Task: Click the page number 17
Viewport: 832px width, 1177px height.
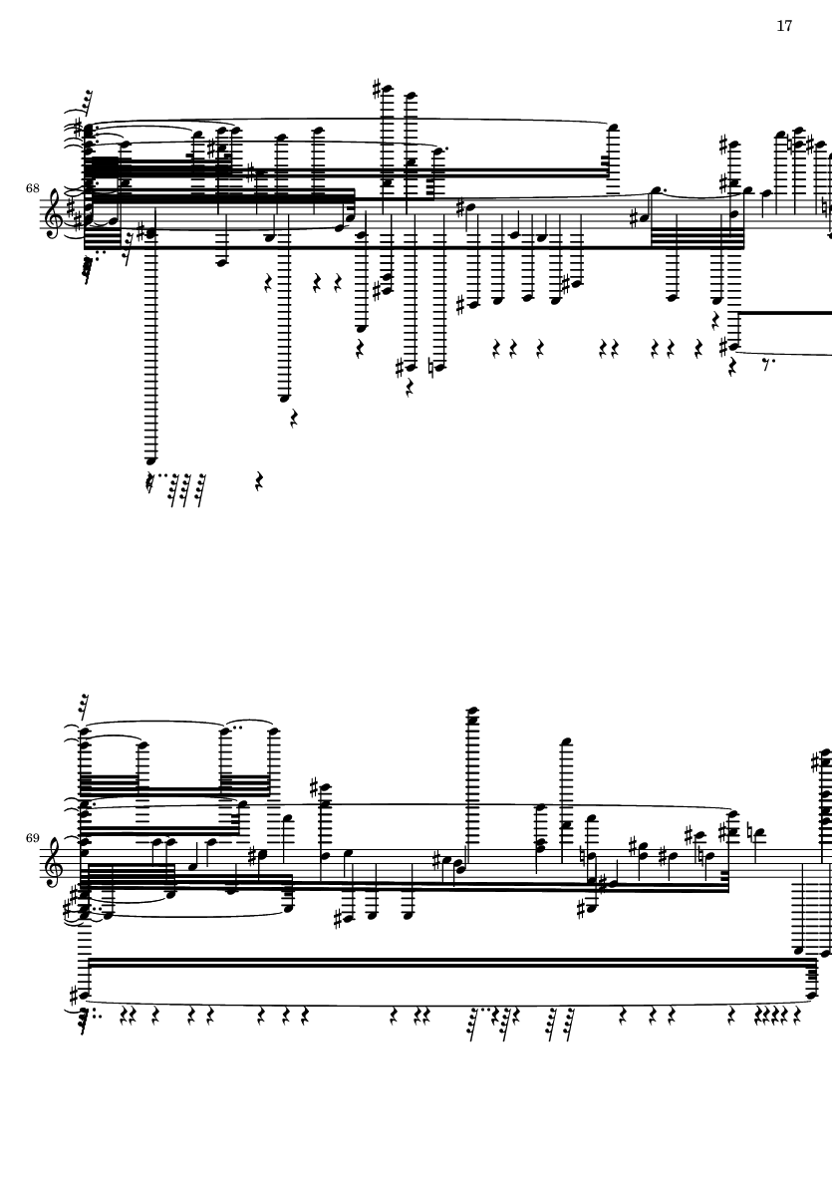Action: coord(784,26)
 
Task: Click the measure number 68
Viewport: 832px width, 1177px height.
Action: coord(32,188)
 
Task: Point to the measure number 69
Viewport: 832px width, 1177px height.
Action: coord(32,838)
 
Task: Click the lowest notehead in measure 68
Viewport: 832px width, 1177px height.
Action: coord(151,460)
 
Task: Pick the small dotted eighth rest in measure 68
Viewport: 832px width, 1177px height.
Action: coord(766,366)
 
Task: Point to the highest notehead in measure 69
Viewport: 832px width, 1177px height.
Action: coord(472,711)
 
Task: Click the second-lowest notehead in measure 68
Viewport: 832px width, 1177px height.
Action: coord(284,397)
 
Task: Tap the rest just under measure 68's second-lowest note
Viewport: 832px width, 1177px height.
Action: coord(293,419)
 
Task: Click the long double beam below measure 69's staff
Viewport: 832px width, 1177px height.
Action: coord(451,963)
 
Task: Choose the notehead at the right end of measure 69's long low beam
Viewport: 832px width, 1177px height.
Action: coord(812,996)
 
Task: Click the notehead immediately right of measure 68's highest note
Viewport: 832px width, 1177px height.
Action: coord(411,96)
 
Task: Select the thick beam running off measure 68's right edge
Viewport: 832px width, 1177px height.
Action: coord(785,312)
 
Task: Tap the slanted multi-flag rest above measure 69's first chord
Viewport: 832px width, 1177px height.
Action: coord(85,707)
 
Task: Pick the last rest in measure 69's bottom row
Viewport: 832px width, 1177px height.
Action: coord(797,1016)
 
